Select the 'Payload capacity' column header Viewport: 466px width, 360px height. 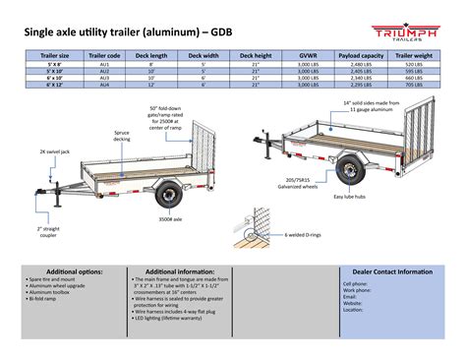coord(362,56)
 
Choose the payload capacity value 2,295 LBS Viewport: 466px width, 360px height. coord(362,86)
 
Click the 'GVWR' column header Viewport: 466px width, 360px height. coord(309,56)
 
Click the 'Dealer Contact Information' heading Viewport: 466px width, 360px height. coord(385,271)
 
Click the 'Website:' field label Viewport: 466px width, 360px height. coord(353,304)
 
